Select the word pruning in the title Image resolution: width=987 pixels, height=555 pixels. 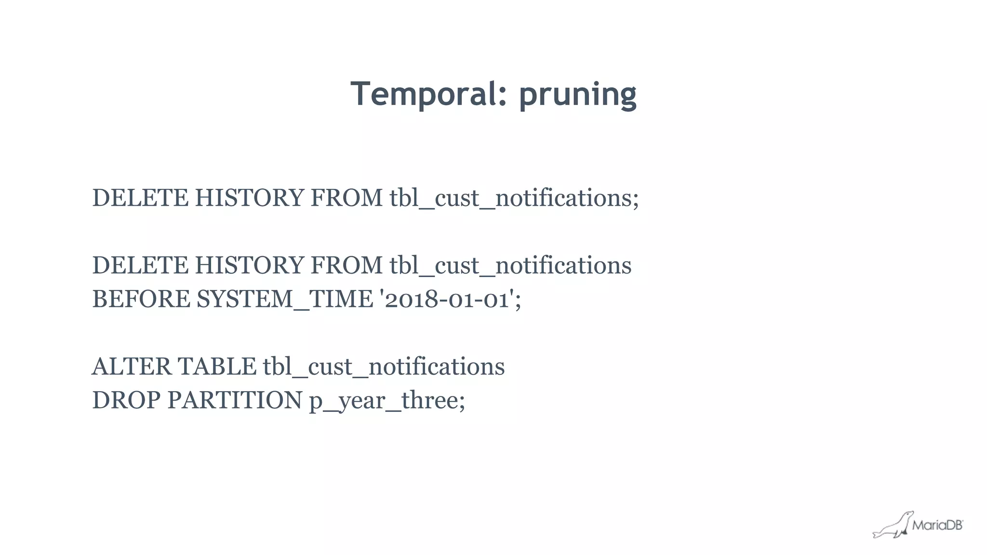click(x=577, y=94)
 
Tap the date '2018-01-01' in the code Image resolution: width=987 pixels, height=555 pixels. click(x=447, y=299)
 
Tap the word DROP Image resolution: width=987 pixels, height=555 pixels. click(x=126, y=400)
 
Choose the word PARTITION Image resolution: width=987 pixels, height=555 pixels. click(x=235, y=400)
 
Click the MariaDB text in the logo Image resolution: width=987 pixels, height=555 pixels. click(x=937, y=525)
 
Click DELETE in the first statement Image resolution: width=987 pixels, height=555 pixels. click(x=140, y=198)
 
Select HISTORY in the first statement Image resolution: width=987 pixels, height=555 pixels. click(x=249, y=198)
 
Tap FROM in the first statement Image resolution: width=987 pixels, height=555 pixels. click(x=347, y=198)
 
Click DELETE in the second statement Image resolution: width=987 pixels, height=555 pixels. click(x=140, y=265)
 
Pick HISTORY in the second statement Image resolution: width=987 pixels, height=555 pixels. click(x=249, y=265)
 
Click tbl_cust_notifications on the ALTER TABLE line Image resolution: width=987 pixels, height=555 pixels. click(x=384, y=366)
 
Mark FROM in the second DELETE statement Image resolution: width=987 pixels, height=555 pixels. click(x=347, y=265)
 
